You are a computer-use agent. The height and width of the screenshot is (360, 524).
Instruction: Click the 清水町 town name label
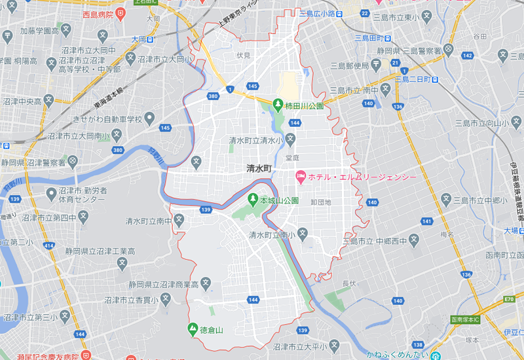point(259,168)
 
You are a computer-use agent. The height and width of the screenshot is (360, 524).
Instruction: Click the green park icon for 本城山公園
point(253,199)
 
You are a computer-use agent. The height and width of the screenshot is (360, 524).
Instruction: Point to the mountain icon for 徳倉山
point(193,328)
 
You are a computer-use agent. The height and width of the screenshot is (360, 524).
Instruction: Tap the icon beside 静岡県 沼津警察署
point(72,161)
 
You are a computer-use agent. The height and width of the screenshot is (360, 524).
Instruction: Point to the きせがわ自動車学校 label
point(107,119)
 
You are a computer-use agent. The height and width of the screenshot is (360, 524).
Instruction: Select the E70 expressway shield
point(510,299)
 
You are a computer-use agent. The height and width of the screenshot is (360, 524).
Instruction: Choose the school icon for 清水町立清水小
point(290,139)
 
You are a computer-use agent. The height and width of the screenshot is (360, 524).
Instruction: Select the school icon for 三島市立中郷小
point(446,198)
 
